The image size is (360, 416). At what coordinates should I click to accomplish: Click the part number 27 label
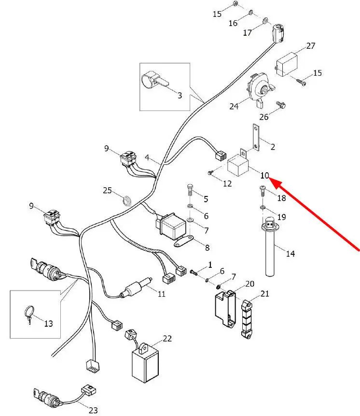pyautogui.click(x=311, y=46)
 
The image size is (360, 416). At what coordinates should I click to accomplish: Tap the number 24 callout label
pyautogui.click(x=234, y=106)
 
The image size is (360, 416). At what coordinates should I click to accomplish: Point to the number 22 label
pyautogui.click(x=167, y=338)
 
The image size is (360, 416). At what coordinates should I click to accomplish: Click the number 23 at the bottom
pyautogui.click(x=93, y=410)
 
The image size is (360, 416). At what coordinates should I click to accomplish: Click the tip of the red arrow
pyautogui.click(x=269, y=180)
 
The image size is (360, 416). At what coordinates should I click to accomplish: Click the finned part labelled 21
pyautogui.click(x=247, y=319)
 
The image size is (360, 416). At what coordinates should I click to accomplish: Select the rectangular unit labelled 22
pyautogui.click(x=144, y=363)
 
